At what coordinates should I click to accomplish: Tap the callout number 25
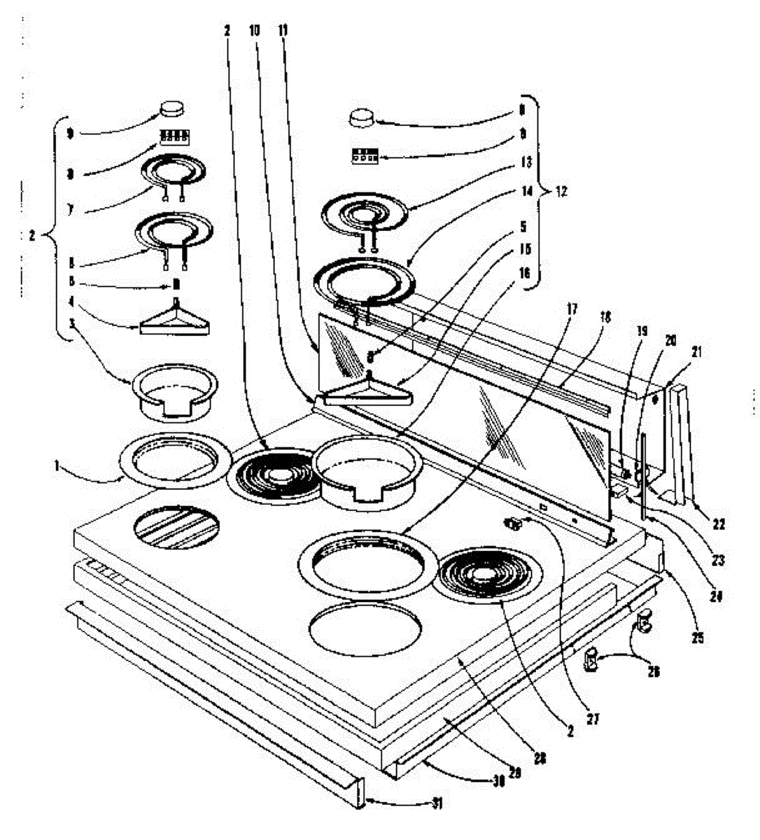click(698, 638)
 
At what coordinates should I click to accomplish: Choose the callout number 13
click(526, 162)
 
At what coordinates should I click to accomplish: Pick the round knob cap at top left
click(173, 108)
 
